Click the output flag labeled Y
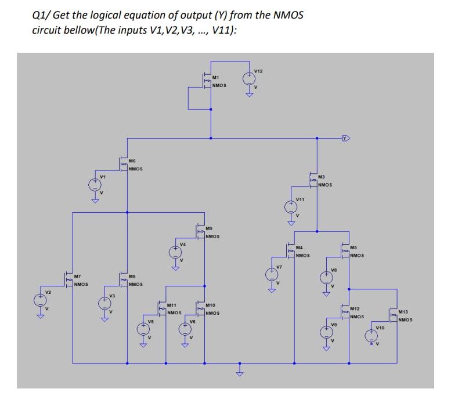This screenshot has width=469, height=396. pos(347,138)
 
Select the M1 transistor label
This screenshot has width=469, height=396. pos(215,77)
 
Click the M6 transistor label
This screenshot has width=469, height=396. pos(132,161)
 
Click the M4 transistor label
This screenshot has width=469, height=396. pos(299,248)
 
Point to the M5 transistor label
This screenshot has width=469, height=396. pos(353,248)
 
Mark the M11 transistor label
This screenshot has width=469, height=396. pos(171,304)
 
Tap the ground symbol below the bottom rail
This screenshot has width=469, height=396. pos(238,371)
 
